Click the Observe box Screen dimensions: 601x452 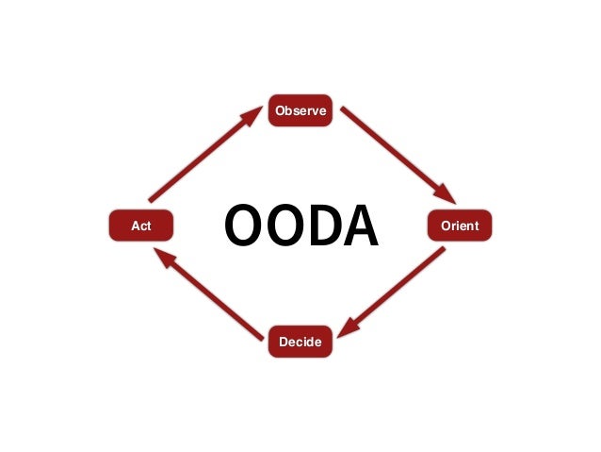click(x=300, y=111)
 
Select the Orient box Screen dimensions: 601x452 click(x=460, y=226)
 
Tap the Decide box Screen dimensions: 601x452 click(x=300, y=342)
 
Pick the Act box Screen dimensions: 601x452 click(x=141, y=226)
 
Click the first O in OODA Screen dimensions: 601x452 click(x=244, y=227)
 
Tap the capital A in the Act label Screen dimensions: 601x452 click(x=134, y=226)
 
